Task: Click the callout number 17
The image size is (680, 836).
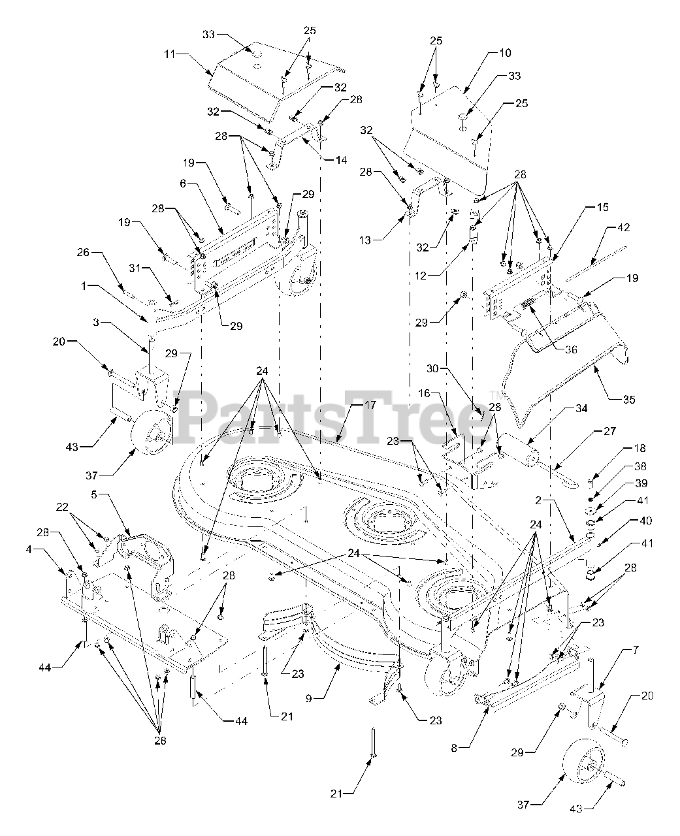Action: click(370, 405)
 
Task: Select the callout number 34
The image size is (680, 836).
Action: click(580, 409)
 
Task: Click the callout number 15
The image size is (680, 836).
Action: click(602, 207)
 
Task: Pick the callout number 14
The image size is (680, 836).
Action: click(340, 159)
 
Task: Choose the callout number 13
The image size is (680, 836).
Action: click(364, 240)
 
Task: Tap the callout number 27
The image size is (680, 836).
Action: click(610, 431)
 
